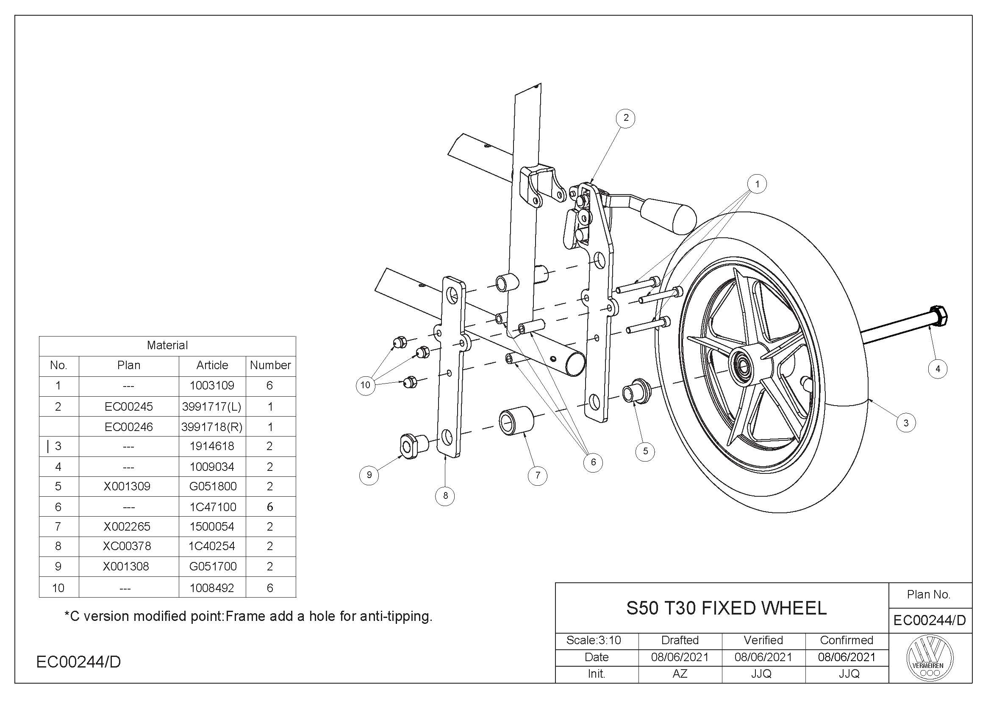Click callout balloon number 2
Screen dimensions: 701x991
click(626, 118)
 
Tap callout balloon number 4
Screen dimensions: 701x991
click(938, 369)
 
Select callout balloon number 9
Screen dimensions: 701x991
click(369, 475)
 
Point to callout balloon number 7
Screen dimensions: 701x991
click(537, 475)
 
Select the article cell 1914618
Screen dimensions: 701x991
click(212, 446)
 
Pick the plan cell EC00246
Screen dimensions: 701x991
click(129, 426)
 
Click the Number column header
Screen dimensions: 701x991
click(270, 365)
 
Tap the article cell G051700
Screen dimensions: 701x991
click(213, 566)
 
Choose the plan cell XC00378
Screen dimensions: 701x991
click(127, 546)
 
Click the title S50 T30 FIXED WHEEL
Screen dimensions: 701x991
click(726, 608)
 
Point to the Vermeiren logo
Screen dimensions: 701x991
click(930, 659)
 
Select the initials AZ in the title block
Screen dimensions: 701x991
click(679, 673)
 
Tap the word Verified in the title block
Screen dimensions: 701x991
click(763, 640)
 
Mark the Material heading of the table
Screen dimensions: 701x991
click(167, 345)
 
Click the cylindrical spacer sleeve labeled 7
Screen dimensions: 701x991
click(516, 420)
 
